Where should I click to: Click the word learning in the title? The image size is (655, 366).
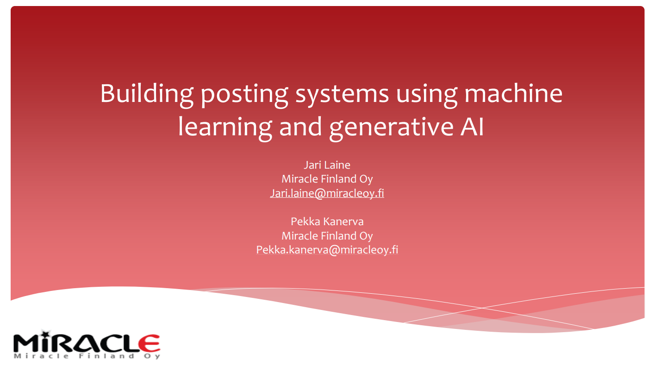[225, 126]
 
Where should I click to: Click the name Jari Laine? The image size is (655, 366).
[327, 165]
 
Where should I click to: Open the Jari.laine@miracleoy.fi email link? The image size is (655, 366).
[327, 193]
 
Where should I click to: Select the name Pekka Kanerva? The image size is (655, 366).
[327, 221]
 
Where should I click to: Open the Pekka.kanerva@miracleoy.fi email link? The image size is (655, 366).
[327, 250]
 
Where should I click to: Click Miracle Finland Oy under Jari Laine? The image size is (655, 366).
[327, 179]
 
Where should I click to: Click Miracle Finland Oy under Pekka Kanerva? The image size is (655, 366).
[327, 236]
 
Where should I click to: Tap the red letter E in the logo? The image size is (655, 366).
[149, 343]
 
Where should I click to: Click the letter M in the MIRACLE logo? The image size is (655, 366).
[27, 343]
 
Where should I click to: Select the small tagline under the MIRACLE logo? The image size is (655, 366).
[87, 356]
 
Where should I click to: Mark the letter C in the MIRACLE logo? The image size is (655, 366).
[104, 343]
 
